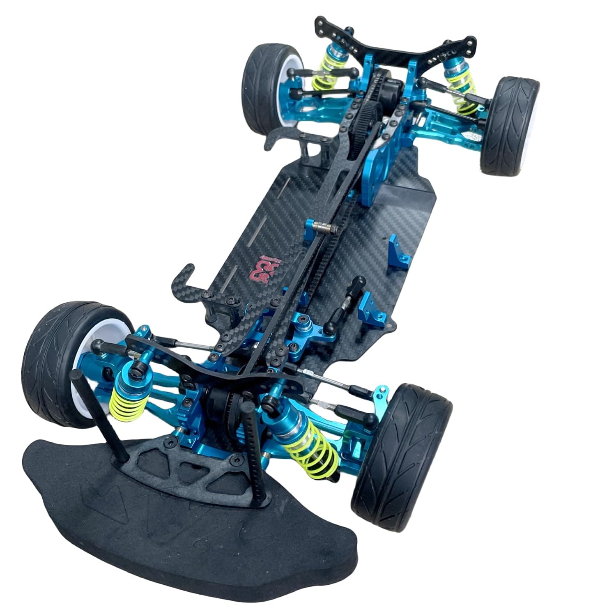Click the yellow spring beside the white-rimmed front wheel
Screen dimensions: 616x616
coord(123,407)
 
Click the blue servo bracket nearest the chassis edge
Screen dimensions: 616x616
coord(398,248)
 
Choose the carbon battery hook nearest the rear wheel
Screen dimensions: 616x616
coord(283,138)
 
